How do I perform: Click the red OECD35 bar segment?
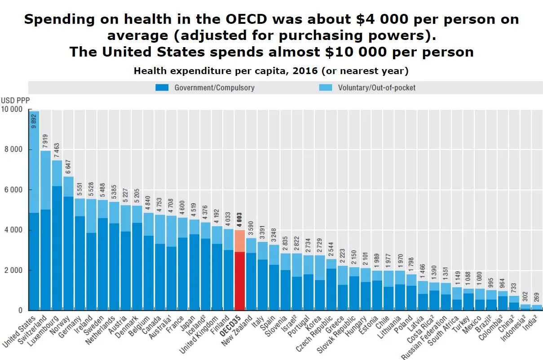coord(240,281)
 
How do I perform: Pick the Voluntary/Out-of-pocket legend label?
coord(376,88)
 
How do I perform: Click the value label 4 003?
coord(240,220)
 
